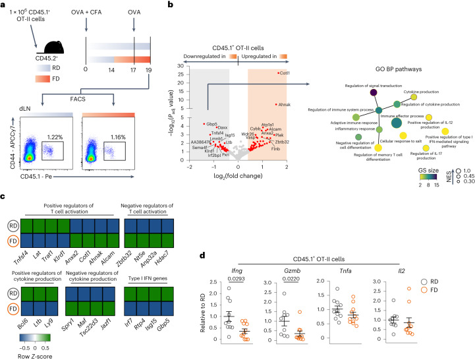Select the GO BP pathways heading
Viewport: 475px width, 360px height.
[384, 69]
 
